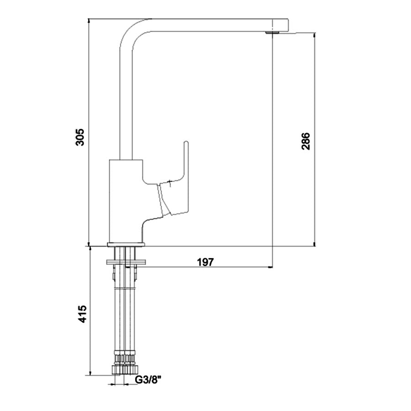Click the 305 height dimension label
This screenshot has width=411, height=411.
(79, 137)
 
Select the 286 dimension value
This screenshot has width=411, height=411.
(306, 141)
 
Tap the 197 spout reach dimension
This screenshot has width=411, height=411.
(205, 262)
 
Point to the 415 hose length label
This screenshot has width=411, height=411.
(82, 314)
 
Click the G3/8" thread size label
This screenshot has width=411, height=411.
(148, 379)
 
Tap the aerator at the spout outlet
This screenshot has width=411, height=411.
(272, 33)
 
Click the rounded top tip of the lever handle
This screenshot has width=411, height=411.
(186, 142)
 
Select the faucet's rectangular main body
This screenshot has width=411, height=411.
(126, 201)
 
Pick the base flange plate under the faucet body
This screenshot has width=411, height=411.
(126, 245)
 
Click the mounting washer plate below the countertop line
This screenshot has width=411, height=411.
(126, 262)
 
